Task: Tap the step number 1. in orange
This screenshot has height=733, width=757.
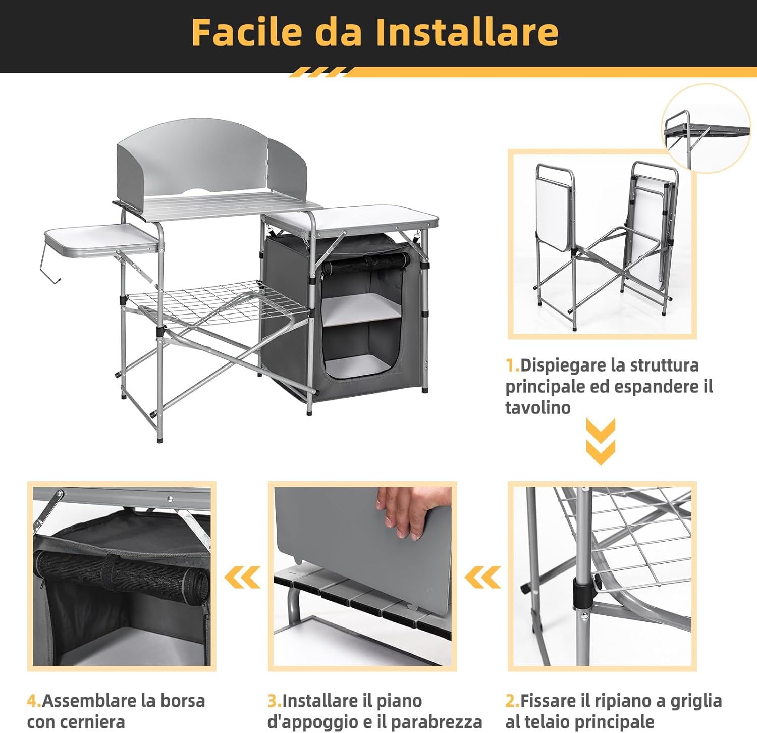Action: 512,365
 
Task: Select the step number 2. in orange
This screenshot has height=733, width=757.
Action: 512,701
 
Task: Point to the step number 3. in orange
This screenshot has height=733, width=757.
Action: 274,701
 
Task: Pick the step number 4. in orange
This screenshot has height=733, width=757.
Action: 34,701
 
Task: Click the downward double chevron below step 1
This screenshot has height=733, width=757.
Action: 601,441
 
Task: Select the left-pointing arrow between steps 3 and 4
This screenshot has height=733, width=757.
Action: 243,577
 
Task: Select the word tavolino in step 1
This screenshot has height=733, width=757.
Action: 537,407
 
